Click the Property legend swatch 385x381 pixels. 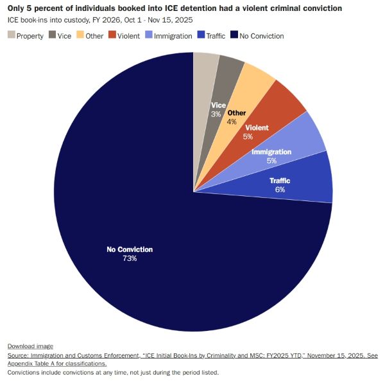[x=12, y=36]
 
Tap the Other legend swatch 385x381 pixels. [x=90, y=36]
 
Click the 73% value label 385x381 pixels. [x=130, y=258]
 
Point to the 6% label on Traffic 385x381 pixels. [x=280, y=190]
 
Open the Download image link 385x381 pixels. [x=30, y=346]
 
